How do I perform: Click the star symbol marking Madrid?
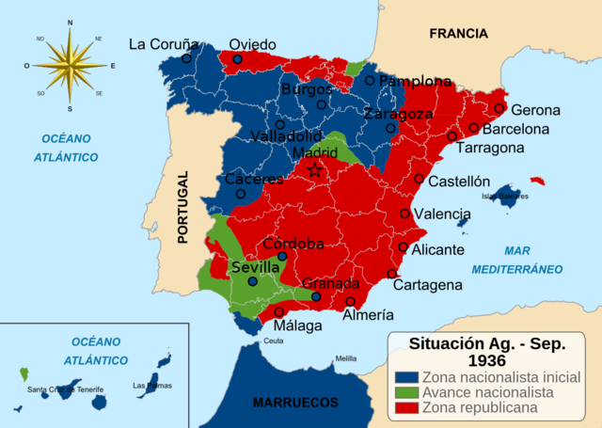(316, 170)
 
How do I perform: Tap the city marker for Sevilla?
(252, 281)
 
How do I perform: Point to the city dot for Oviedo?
(237, 59)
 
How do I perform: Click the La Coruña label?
(164, 43)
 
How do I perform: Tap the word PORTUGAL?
(183, 207)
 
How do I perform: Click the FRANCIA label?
(458, 33)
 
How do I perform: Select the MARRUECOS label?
(295, 403)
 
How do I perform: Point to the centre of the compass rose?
(71, 65)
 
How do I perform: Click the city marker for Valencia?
(405, 214)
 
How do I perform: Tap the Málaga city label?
(297, 326)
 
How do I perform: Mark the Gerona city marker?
(499, 108)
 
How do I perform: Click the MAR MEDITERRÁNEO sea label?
(532, 260)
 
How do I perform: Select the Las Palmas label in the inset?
(151, 386)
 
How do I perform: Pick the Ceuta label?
(273, 341)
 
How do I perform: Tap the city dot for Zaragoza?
(390, 128)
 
